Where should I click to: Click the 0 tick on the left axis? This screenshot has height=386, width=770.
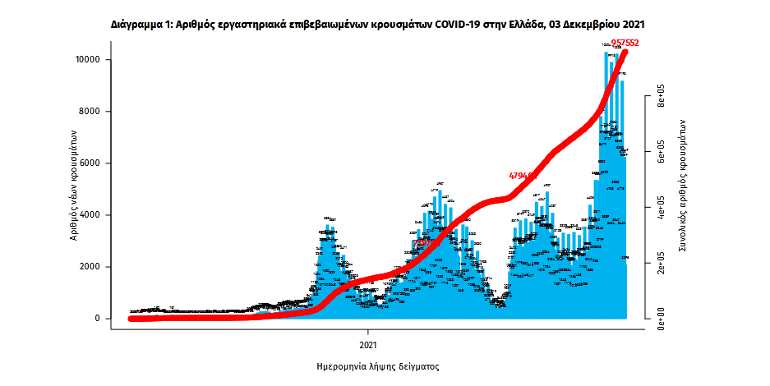click(x=97, y=319)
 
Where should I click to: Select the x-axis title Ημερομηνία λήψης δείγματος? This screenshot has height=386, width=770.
click(x=378, y=366)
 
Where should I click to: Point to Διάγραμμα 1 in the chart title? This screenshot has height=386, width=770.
click(x=141, y=25)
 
